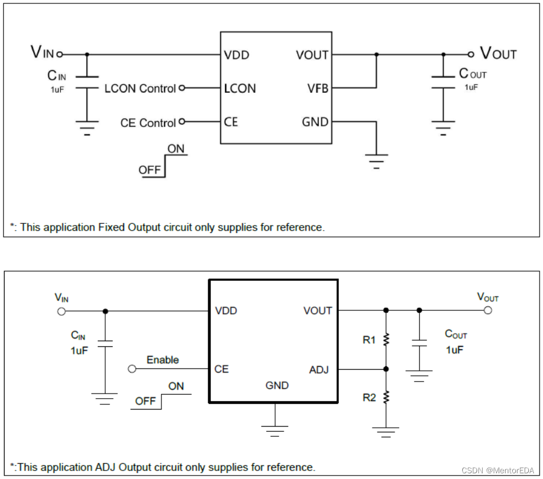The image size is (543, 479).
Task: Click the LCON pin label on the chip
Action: coord(239,88)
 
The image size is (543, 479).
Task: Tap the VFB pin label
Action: coord(318,88)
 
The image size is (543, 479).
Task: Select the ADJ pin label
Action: coord(319,370)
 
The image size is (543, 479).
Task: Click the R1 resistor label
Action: coord(369,340)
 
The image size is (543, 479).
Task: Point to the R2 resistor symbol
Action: coord(386,398)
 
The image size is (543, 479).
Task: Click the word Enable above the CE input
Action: coord(163,360)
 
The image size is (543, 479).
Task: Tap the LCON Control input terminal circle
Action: coord(182,88)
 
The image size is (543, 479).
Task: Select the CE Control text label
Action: coord(148,123)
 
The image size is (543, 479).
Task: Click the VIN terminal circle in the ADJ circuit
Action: coord(61,312)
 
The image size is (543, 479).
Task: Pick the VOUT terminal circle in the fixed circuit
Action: coord(471,55)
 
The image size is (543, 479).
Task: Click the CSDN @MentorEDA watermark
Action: coord(498,470)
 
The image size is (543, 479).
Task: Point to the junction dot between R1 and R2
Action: coord(386,369)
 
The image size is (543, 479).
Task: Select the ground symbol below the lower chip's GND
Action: coord(275,431)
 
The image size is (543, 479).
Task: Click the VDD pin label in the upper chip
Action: coord(236,55)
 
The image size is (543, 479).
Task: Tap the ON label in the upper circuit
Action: coord(176,149)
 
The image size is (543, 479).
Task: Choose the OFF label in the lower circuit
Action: coord(145,401)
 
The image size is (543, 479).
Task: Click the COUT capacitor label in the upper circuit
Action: coord(472,73)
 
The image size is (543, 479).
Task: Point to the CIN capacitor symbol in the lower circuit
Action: coord(105,343)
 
